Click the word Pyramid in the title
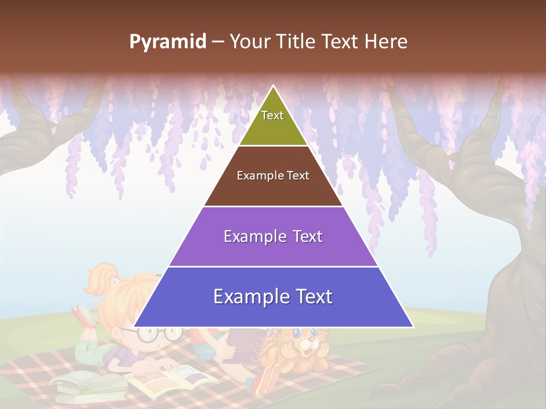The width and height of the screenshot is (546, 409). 167,42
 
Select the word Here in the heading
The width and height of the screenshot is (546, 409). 387,42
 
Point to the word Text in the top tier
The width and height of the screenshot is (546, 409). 272,115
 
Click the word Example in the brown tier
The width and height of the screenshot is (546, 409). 254,176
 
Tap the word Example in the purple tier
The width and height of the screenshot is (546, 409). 248,236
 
